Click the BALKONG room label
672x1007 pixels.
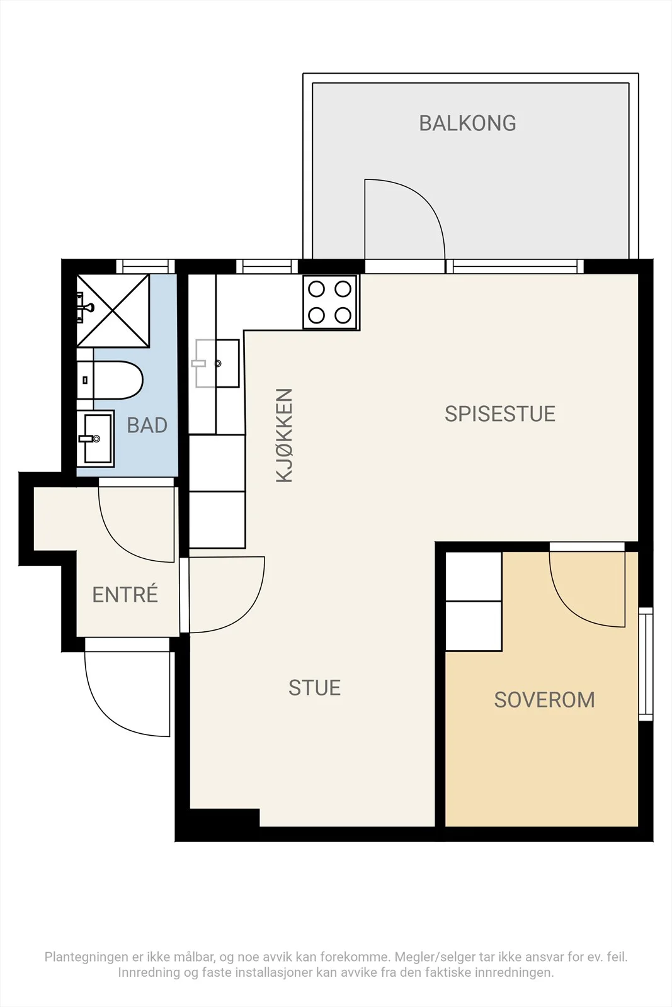pyautogui.click(x=467, y=123)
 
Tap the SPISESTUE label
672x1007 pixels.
pyautogui.click(x=499, y=414)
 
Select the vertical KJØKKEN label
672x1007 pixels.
pyautogui.click(x=284, y=436)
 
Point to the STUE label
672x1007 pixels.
pyautogui.click(x=314, y=688)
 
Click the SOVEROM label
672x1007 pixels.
pyautogui.click(x=544, y=700)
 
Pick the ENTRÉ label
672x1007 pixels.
pyautogui.click(x=125, y=594)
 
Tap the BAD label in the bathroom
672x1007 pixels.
pyautogui.click(x=147, y=425)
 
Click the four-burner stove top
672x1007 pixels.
pyautogui.click(x=330, y=302)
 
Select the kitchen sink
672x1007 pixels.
pyautogui.click(x=217, y=363)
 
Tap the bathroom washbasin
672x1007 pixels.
pyautogui.click(x=95, y=438)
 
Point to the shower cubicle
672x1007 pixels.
pyautogui.click(x=113, y=311)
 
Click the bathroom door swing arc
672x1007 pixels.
pyautogui.click(x=117, y=543)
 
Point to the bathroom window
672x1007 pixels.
pyautogui.click(x=145, y=266)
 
